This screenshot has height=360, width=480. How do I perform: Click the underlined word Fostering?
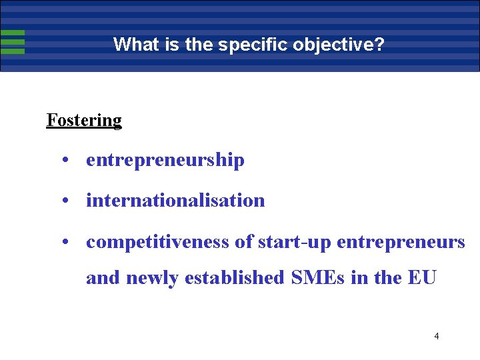[x=84, y=121]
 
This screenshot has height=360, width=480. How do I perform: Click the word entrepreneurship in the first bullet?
[x=165, y=161]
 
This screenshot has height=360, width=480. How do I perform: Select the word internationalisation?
[x=175, y=201]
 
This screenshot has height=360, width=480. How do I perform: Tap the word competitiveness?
[x=158, y=242]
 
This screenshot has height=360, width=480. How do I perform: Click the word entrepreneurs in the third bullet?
[x=401, y=242]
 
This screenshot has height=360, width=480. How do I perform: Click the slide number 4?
[x=436, y=336]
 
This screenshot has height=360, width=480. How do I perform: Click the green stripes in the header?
[x=13, y=42]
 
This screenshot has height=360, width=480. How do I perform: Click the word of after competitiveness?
[x=242, y=242]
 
